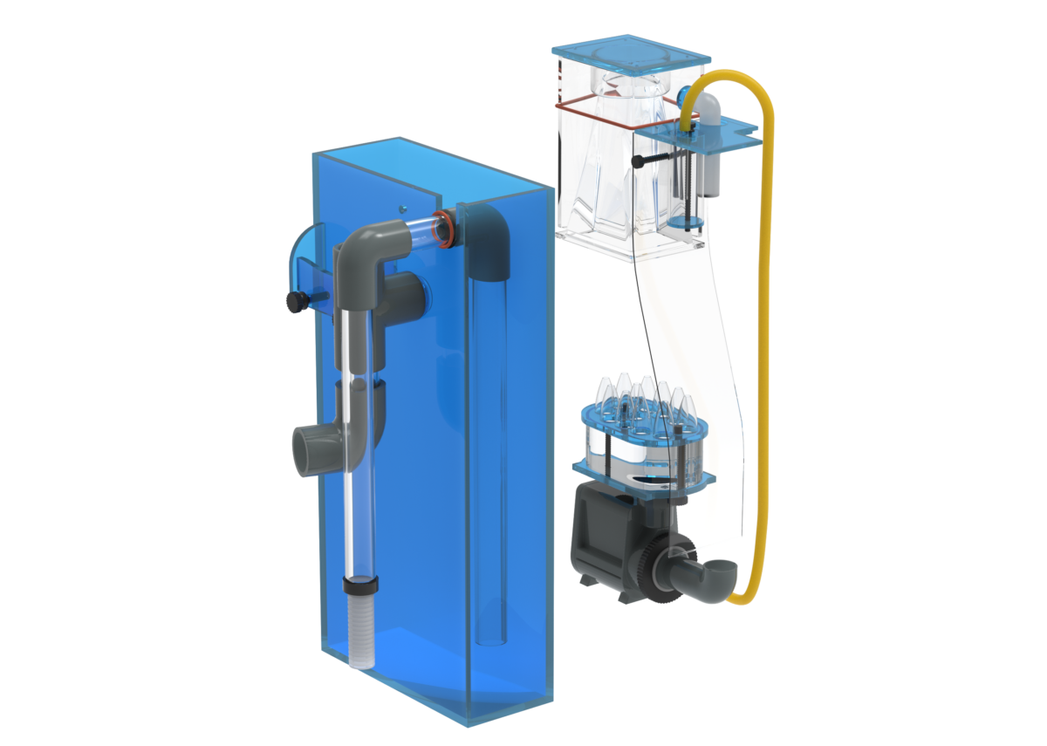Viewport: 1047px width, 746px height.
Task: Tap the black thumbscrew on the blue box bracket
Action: [293, 302]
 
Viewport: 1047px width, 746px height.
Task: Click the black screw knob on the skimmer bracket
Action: [640, 161]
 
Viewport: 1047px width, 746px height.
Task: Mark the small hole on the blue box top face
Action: [402, 209]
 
